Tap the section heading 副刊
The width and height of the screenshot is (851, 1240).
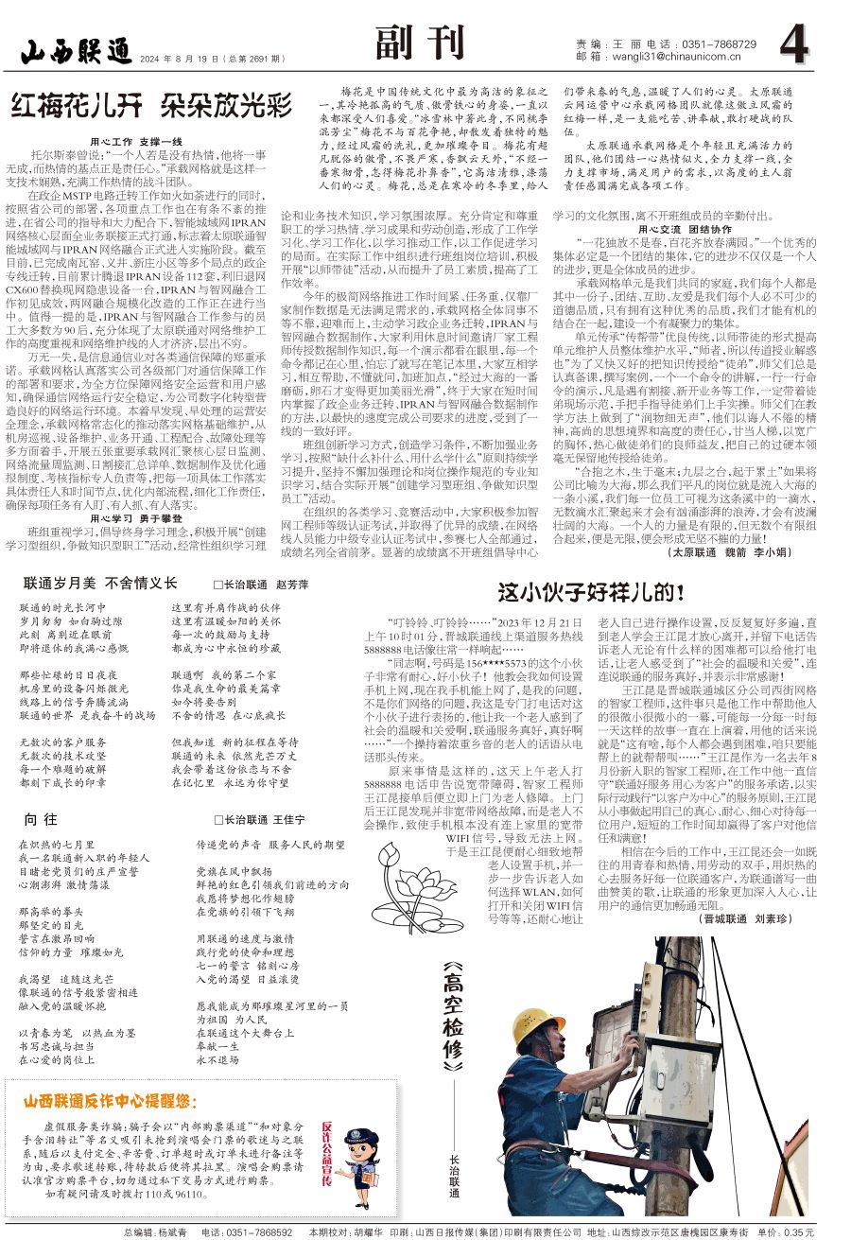[x=420, y=43]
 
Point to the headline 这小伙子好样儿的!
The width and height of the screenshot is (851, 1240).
[x=591, y=593]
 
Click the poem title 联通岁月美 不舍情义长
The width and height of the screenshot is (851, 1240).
[x=100, y=584]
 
